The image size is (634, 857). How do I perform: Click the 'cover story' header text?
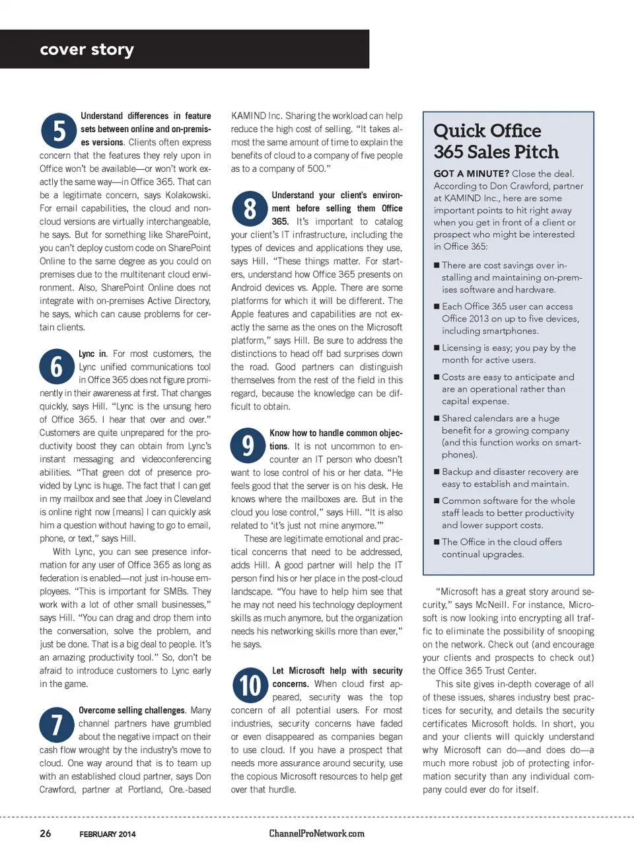click(87, 50)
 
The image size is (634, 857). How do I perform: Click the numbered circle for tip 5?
click(59, 130)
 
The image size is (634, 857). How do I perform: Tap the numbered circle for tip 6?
click(57, 367)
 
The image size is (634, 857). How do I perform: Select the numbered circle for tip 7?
click(57, 724)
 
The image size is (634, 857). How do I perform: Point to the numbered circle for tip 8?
click(250, 209)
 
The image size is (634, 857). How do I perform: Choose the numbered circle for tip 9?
click(248, 445)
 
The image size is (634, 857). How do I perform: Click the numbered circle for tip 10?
click(250, 685)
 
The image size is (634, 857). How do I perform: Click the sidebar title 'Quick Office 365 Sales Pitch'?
click(496, 141)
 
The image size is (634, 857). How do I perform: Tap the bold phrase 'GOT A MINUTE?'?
click(471, 174)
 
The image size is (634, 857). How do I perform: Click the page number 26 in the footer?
click(45, 833)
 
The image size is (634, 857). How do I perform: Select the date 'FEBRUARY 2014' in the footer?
click(108, 834)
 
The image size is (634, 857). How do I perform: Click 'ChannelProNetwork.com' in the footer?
click(316, 833)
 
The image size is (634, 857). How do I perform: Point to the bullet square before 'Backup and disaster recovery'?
click(437, 472)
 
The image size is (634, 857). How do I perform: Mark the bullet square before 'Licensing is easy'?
click(437, 348)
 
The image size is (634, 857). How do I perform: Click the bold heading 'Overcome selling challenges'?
click(131, 710)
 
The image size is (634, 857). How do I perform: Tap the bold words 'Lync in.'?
click(92, 354)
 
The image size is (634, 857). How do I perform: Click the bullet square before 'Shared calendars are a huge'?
click(437, 418)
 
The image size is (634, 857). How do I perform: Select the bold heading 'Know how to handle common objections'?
click(335, 439)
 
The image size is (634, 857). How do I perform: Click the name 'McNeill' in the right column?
click(491, 605)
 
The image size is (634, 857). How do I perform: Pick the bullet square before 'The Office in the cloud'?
click(437, 542)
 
